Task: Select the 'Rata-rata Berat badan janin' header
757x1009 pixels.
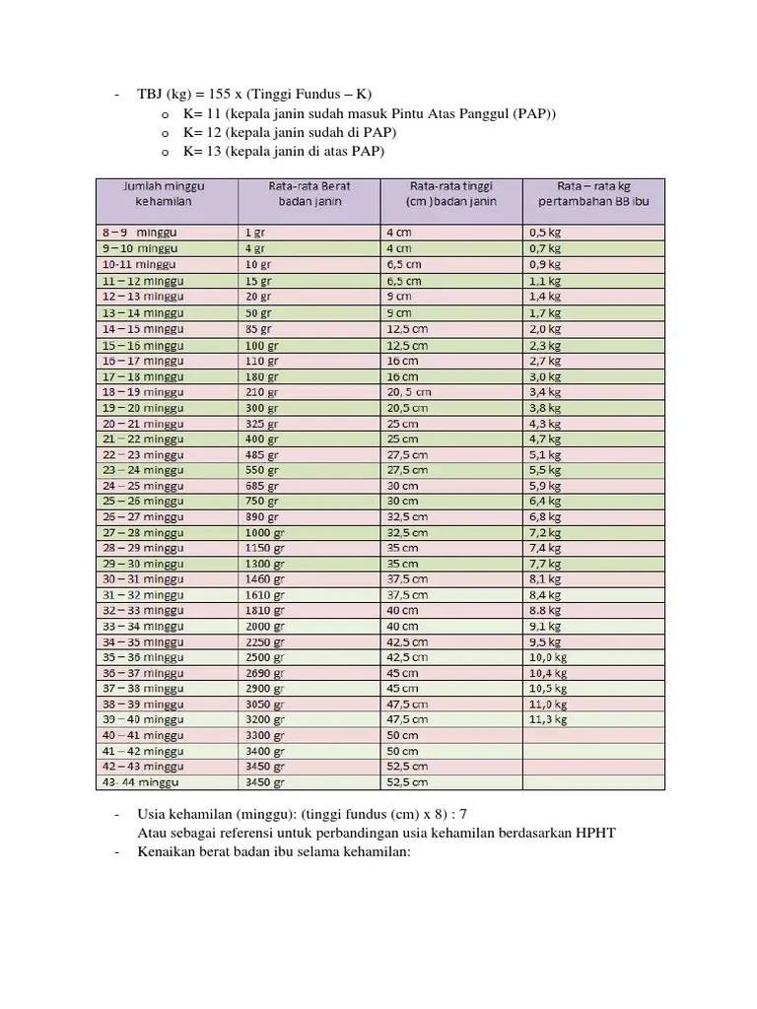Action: click(309, 193)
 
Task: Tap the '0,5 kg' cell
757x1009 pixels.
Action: click(545, 234)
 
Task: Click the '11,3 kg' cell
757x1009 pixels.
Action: click(548, 719)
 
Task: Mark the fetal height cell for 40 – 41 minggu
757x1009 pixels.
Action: click(402, 735)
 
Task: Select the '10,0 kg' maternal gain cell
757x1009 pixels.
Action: click(548, 657)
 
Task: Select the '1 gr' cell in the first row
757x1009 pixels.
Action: click(254, 234)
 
